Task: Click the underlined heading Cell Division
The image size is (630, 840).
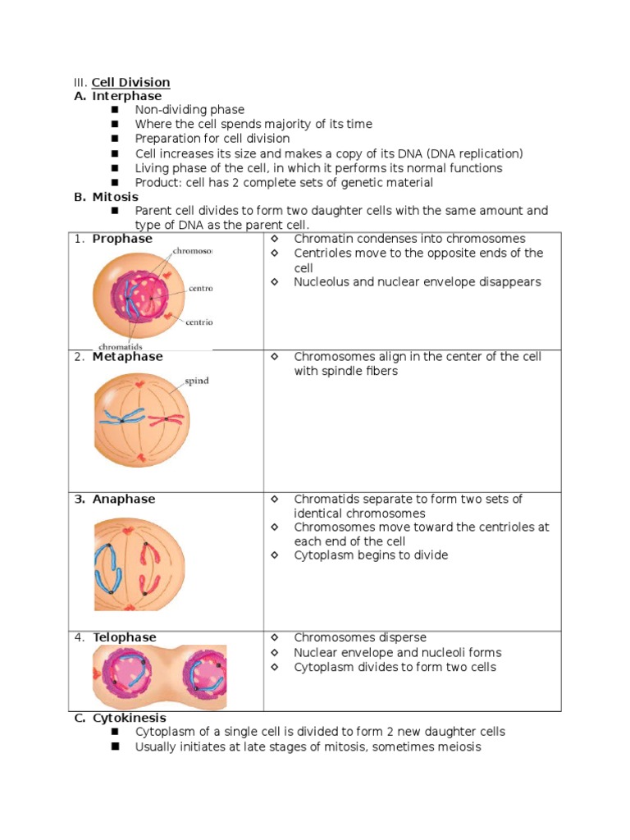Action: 130,82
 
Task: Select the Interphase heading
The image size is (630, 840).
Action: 126,96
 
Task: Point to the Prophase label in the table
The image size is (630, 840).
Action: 122,239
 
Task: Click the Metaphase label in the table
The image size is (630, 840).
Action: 127,357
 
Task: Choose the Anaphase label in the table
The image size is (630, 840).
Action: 124,499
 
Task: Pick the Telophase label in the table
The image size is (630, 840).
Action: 124,637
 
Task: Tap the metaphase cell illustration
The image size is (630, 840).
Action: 141,418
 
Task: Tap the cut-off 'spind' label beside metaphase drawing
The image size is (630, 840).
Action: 196,381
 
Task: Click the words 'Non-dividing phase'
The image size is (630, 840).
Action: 189,110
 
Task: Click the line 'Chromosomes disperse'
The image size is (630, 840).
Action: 359,637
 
